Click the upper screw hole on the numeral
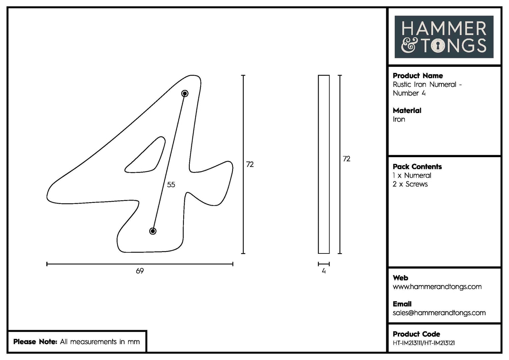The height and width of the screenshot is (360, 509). [x=185, y=93]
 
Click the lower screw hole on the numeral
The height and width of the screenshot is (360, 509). [x=153, y=231]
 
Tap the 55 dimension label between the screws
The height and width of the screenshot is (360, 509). [x=171, y=185]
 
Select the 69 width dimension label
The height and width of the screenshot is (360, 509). [x=140, y=271]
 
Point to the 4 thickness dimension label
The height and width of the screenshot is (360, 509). [x=324, y=271]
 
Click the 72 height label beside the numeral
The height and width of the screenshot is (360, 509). [x=250, y=164]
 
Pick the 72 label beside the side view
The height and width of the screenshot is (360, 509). [x=346, y=159]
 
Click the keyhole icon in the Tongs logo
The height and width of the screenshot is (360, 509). [x=438, y=45]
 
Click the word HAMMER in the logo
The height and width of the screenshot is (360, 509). [x=444, y=29]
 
